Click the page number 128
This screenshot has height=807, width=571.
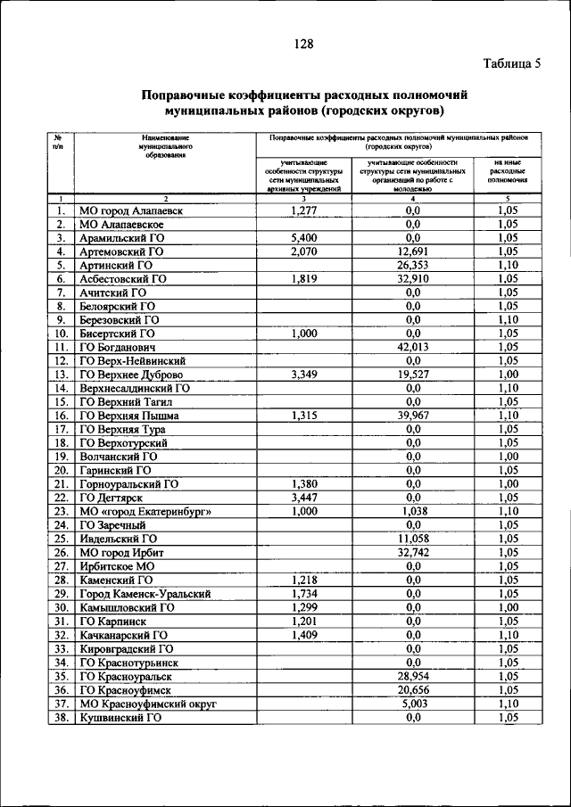point(302,42)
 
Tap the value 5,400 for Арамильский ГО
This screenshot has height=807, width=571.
point(305,238)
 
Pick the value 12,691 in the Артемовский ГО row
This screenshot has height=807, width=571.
point(412,251)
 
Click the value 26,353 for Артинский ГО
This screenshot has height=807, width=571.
point(412,265)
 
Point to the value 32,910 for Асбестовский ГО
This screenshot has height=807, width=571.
point(412,278)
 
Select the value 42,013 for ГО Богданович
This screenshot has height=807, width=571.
point(412,347)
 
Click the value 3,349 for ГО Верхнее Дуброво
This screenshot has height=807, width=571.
point(305,375)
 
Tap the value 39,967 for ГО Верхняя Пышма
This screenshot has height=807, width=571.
point(412,416)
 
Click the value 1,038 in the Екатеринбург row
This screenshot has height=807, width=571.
point(412,511)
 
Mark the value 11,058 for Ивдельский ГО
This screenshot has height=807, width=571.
point(412,539)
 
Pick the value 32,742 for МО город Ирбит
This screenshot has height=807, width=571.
point(412,552)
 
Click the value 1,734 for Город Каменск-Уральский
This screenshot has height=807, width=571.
point(305,593)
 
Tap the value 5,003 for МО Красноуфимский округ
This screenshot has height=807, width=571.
point(412,703)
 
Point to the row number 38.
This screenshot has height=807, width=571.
point(61,717)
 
